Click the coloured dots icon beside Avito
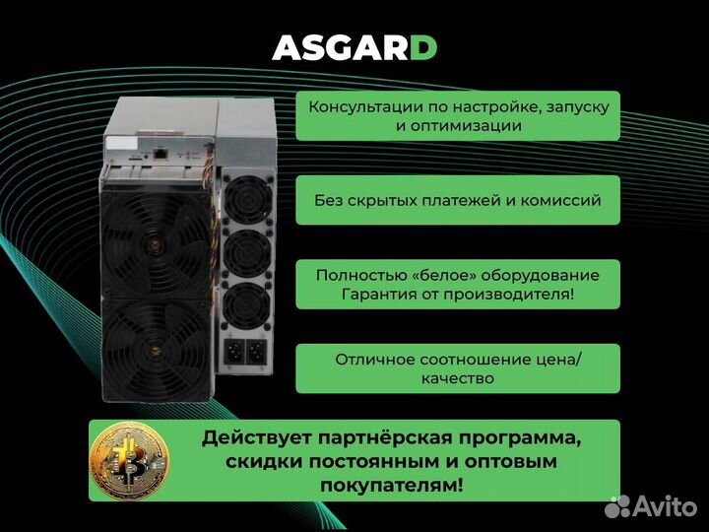click(618, 506)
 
